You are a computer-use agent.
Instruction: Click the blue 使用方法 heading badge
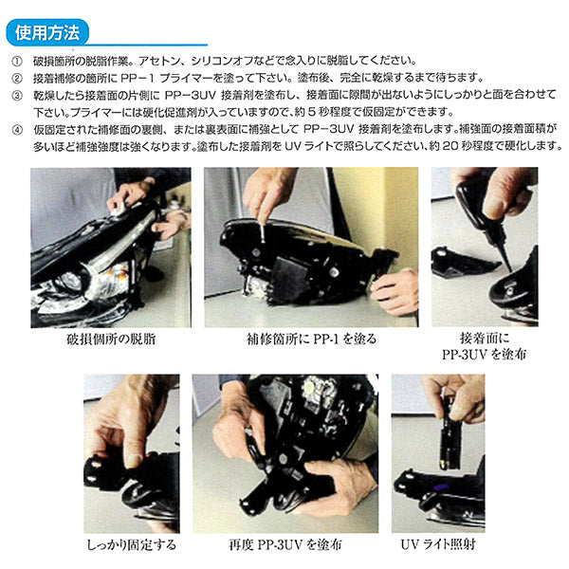tap(47, 32)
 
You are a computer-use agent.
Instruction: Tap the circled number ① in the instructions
tap(17, 61)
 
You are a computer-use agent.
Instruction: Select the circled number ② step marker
tap(17, 78)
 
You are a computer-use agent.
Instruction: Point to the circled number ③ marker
tap(17, 96)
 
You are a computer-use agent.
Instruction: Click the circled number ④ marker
tap(17, 130)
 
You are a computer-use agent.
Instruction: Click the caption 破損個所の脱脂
tap(111, 339)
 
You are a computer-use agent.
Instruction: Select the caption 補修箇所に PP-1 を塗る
tap(311, 339)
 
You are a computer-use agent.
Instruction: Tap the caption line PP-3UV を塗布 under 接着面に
tap(484, 354)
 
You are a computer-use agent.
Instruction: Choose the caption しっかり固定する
tap(132, 544)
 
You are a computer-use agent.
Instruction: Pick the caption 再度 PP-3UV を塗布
tap(285, 544)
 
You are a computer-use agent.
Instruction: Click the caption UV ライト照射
tap(438, 544)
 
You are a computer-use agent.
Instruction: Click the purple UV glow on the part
tap(439, 487)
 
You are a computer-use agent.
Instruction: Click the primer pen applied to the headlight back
tap(263, 231)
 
